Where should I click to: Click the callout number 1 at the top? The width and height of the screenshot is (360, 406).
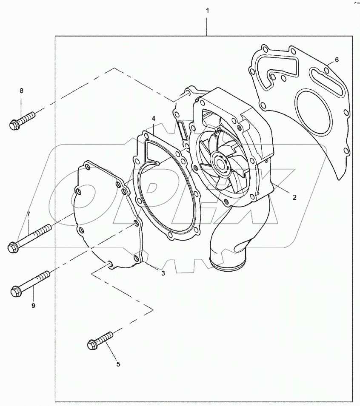207,9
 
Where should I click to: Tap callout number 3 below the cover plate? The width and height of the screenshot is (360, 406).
163,273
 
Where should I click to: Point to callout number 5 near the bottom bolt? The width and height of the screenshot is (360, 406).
118,364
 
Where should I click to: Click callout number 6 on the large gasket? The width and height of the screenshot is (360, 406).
337,60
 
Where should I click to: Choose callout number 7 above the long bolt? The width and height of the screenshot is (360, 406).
29,214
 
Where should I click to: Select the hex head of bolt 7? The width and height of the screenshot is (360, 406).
13,247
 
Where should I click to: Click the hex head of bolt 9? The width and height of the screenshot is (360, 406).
15,291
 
